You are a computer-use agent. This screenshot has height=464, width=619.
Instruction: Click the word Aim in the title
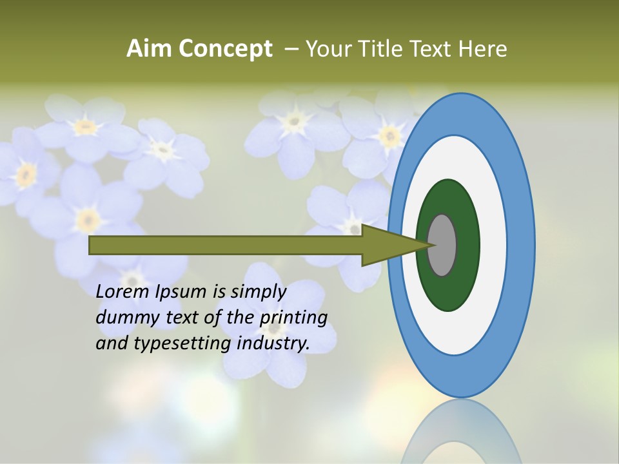click(150, 48)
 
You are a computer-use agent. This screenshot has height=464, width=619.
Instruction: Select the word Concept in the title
click(226, 48)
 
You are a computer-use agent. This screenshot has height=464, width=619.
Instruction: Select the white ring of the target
click(493, 245)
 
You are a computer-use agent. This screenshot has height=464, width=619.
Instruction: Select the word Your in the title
click(328, 48)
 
